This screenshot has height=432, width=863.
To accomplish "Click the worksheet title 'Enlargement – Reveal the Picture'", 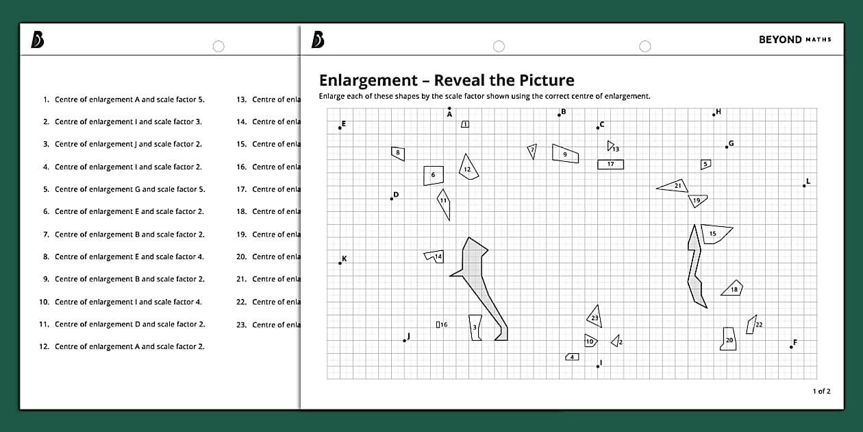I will [447, 80].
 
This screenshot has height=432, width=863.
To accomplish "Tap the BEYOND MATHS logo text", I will [795, 40].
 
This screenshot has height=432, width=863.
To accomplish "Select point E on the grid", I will [340, 128].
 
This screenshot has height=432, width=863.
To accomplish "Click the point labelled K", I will [340, 263].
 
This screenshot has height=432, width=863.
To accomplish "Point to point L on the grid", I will [804, 185].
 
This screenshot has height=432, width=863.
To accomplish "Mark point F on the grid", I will [791, 346].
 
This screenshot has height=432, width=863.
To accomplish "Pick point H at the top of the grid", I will [714, 115].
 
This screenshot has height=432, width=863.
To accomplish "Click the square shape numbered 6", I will [433, 176].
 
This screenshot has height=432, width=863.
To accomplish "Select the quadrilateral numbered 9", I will [565, 154].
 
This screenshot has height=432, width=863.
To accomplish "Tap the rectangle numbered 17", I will [610, 165].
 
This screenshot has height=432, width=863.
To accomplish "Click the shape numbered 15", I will [714, 233].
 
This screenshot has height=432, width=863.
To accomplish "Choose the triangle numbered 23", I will [595, 317].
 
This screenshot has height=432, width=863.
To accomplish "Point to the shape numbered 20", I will [729, 339].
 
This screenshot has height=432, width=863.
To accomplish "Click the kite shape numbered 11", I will [444, 204].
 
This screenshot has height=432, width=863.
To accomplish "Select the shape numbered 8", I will [398, 153].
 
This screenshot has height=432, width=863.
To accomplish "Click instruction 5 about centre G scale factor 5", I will [129, 189].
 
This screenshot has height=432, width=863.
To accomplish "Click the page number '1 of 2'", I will [821, 392].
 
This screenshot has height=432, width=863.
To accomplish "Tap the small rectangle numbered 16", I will [438, 324].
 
